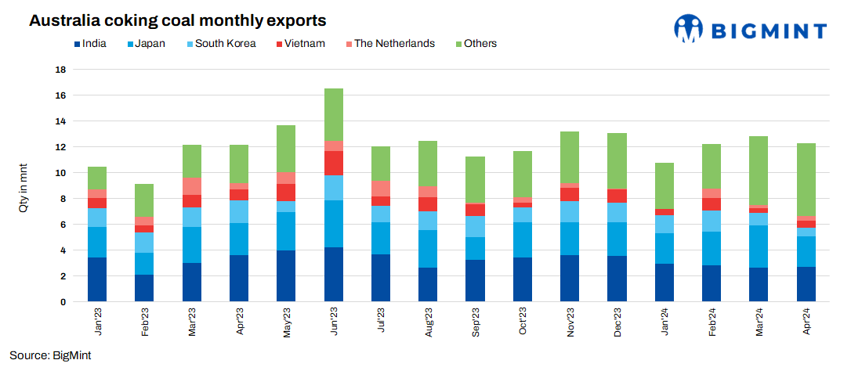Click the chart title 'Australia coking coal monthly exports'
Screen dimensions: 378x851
pos(177,20)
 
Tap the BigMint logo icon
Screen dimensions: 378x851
pos(689,29)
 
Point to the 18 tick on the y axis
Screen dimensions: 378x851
pos(60,70)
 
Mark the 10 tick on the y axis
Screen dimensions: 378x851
pos(60,173)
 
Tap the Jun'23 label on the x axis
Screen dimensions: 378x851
pos(334,323)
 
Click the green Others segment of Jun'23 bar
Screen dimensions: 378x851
pos(334,114)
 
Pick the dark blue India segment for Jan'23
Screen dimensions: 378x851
pos(97,279)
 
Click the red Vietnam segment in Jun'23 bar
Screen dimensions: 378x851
pos(334,163)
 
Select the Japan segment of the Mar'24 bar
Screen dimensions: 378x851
pos(759,247)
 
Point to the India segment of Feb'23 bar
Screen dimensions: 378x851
pos(144,288)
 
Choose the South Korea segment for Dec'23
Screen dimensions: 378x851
pos(617,212)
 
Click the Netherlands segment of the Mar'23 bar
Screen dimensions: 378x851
pos(192,186)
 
